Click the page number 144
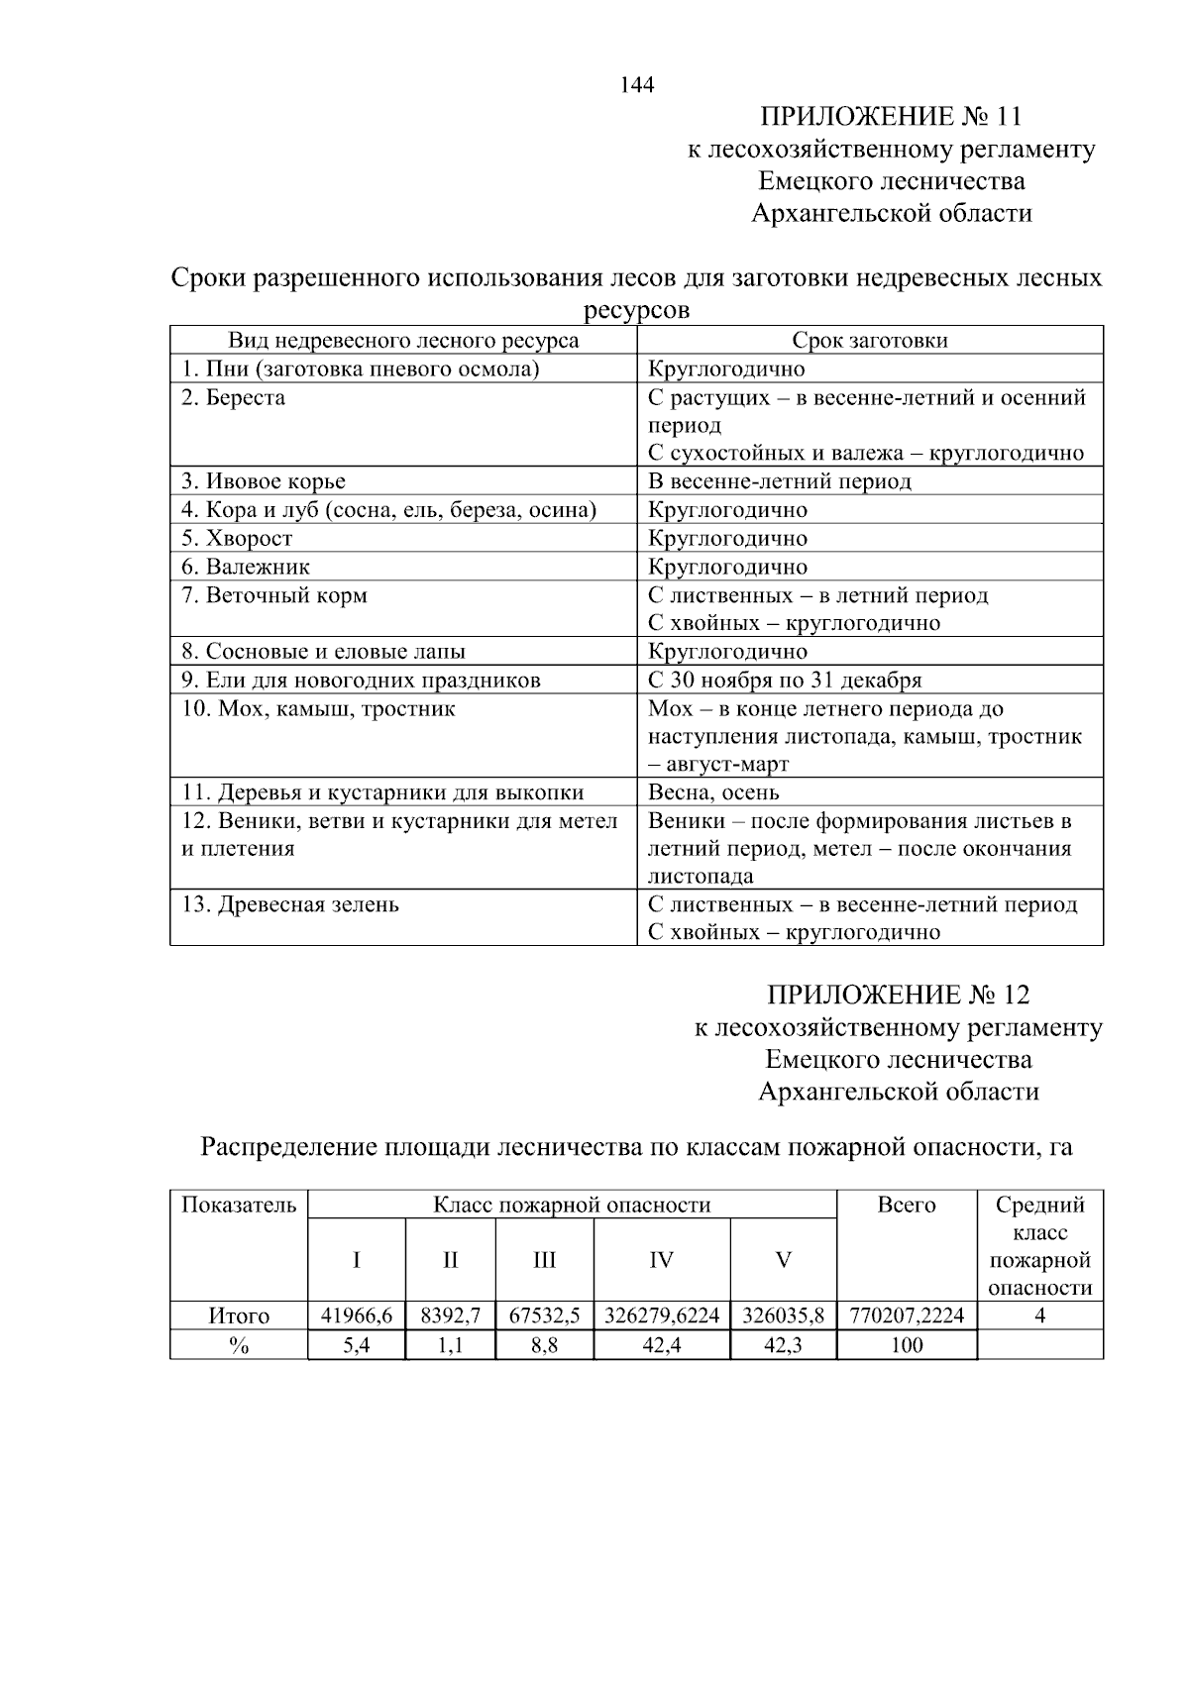click(637, 85)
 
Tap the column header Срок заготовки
click(869, 341)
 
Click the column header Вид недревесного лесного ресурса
click(403, 341)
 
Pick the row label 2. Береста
click(234, 398)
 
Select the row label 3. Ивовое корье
click(264, 481)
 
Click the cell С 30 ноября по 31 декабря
click(785, 681)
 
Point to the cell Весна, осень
click(713, 792)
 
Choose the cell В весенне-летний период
click(779, 481)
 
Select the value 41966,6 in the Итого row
click(357, 1316)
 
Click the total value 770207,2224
click(907, 1316)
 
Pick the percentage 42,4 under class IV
click(661, 1345)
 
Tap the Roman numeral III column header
click(544, 1260)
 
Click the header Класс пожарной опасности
click(572, 1206)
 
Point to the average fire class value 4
click(1039, 1316)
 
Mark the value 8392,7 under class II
click(450, 1316)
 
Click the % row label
click(239, 1345)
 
